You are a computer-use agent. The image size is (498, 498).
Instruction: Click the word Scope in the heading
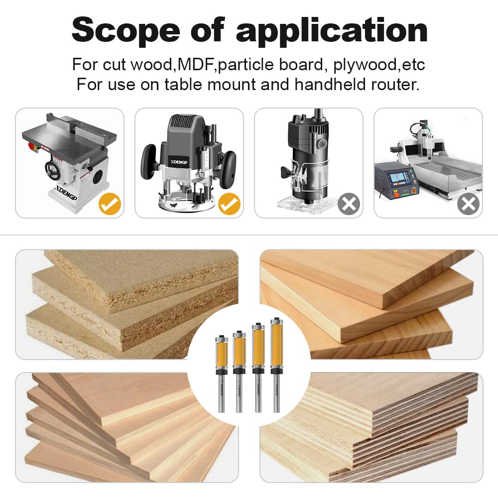click(126, 31)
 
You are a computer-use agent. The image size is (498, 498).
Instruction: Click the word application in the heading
click(332, 31)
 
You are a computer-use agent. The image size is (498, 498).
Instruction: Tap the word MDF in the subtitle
click(195, 64)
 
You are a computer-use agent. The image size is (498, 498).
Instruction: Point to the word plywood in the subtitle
click(365, 65)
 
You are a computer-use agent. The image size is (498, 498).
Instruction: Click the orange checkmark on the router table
click(110, 204)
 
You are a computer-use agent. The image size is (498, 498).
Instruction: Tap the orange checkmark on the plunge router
click(229, 204)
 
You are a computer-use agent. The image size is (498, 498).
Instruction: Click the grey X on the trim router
click(349, 204)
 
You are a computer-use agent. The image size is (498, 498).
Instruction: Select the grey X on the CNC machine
click(468, 204)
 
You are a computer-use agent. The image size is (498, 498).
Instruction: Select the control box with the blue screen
click(396, 181)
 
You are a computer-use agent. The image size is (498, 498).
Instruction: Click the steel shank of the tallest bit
click(276, 394)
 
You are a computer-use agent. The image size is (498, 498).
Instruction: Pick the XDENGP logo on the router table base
click(66, 192)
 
